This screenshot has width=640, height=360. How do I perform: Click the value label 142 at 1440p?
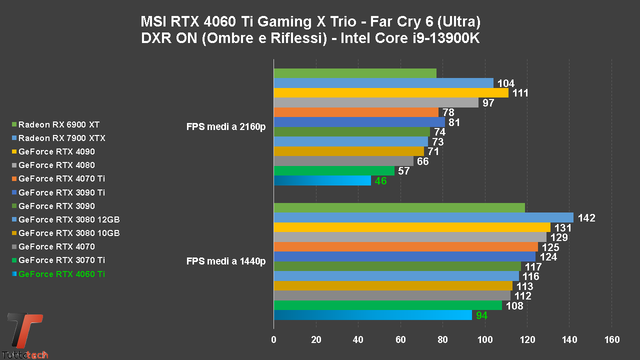pos(586,218)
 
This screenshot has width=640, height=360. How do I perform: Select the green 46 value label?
pos(380,181)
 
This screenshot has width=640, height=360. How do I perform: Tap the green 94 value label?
pos(481,315)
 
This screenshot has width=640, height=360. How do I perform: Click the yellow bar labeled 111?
pos(391,93)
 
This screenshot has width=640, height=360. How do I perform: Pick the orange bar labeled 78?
pos(356,112)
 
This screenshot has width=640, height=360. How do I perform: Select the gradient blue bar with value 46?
pos(322,180)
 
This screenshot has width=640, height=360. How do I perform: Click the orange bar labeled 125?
pos(405,247)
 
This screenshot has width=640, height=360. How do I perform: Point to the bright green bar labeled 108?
pos(387,305)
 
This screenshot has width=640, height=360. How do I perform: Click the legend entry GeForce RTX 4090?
pos(56,151)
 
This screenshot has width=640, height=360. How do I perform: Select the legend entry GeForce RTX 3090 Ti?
pos(61,192)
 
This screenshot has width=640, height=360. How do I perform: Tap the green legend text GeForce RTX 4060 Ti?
pos(61,274)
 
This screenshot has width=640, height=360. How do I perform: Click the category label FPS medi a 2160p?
pos(225,127)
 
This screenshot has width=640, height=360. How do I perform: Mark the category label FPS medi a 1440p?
pos(225,261)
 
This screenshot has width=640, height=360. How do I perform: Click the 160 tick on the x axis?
pos(612,340)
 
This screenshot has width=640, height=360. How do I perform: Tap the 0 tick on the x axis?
pos(273,340)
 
